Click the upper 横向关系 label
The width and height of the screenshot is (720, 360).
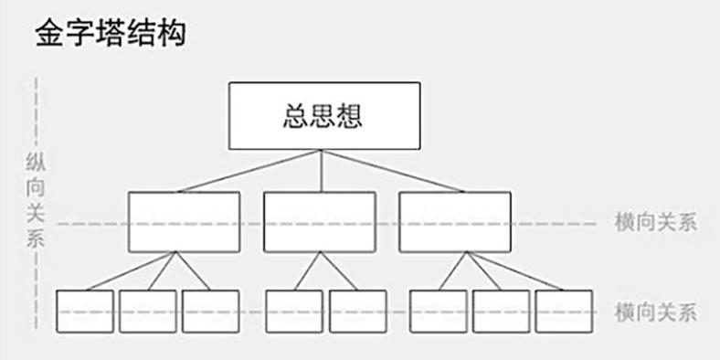[x=657, y=223]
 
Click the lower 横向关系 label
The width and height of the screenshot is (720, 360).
[x=657, y=312]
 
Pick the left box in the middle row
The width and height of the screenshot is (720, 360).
[x=184, y=221]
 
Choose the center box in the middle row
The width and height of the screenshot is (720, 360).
[x=319, y=221]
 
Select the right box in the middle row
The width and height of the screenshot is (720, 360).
[x=454, y=221]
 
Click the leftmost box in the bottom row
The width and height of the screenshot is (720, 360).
[x=84, y=312]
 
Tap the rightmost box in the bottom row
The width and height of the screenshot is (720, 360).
[x=564, y=312]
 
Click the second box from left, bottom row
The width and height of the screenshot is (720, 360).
[x=147, y=312]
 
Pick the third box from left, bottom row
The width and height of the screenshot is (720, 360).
[x=210, y=312]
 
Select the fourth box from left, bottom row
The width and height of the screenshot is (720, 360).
[x=293, y=312]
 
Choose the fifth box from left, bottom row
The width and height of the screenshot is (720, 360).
[x=357, y=312]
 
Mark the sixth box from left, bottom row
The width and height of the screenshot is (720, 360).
[x=438, y=312]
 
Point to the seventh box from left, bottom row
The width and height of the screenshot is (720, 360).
[x=501, y=312]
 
